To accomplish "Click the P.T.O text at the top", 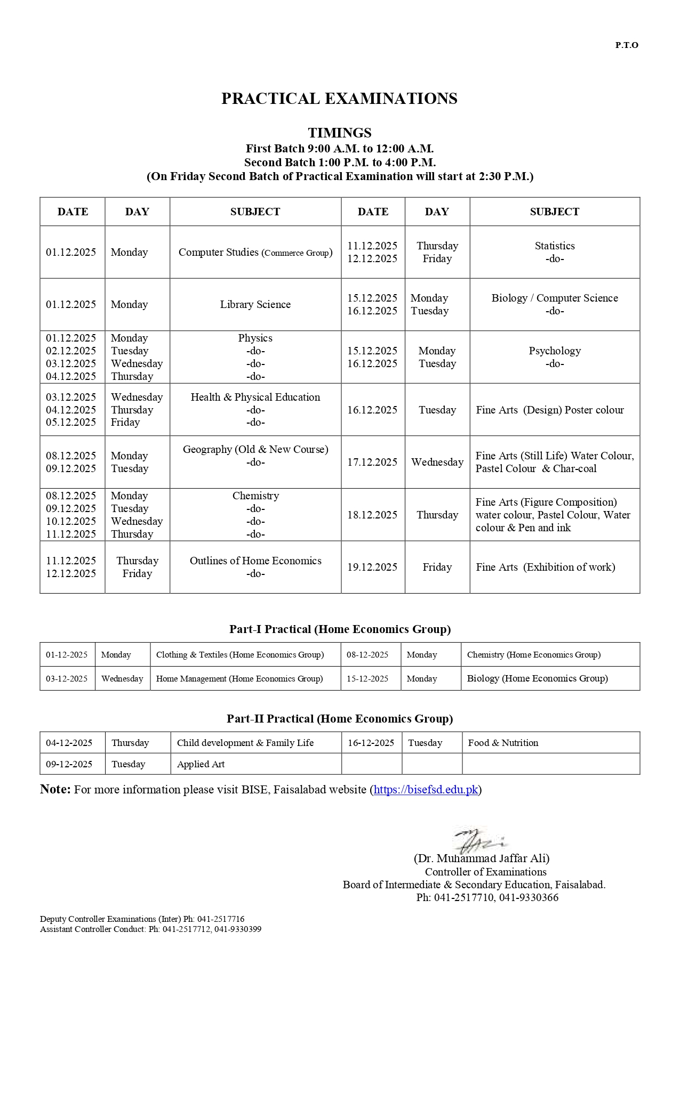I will [626, 45].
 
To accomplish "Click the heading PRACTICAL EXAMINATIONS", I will [339, 99].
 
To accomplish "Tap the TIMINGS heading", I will [339, 133].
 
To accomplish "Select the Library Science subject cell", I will [255, 304].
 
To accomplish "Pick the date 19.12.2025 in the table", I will [372, 567].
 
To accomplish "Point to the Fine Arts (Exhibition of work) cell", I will [545, 567].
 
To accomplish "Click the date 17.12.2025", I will [372, 463].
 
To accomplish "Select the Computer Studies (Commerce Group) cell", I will [255, 253].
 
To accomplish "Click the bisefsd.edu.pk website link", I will [426, 790].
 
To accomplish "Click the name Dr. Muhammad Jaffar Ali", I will [482, 858].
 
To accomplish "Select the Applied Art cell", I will [201, 764].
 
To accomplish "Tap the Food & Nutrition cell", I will [503, 743].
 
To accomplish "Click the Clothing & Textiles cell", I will [239, 655].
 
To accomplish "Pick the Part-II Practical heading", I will [339, 719].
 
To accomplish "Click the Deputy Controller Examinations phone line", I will [142, 919].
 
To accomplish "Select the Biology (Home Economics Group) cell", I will [537, 678].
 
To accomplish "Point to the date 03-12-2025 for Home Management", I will [67, 679].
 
